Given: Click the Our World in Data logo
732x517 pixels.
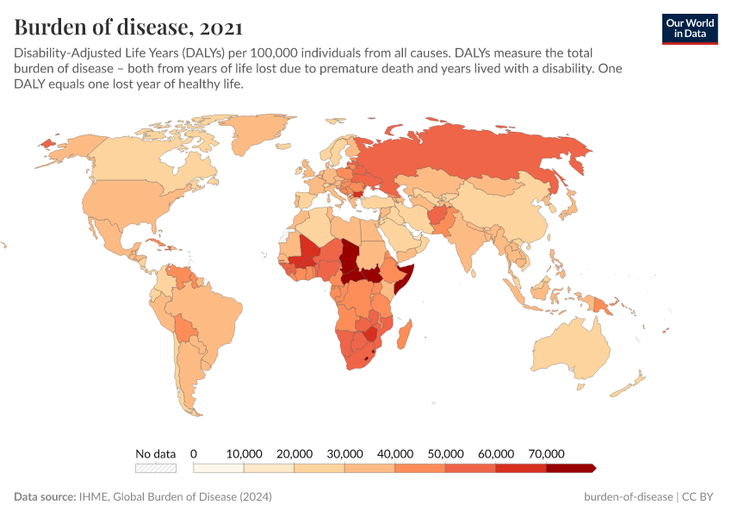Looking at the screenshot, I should coord(689,28).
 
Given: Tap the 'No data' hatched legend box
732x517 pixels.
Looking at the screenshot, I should coord(156,468).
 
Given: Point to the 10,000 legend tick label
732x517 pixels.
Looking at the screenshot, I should coord(244,453).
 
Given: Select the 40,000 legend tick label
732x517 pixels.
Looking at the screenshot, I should coord(395,453).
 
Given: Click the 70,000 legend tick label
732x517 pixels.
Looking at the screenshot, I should coord(546,453).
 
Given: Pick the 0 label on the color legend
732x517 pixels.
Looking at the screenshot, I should coord(194,453).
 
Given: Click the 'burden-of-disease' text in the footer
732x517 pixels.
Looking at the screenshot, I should coord(629,497).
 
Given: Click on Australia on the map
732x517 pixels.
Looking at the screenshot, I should coord(572,349).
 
